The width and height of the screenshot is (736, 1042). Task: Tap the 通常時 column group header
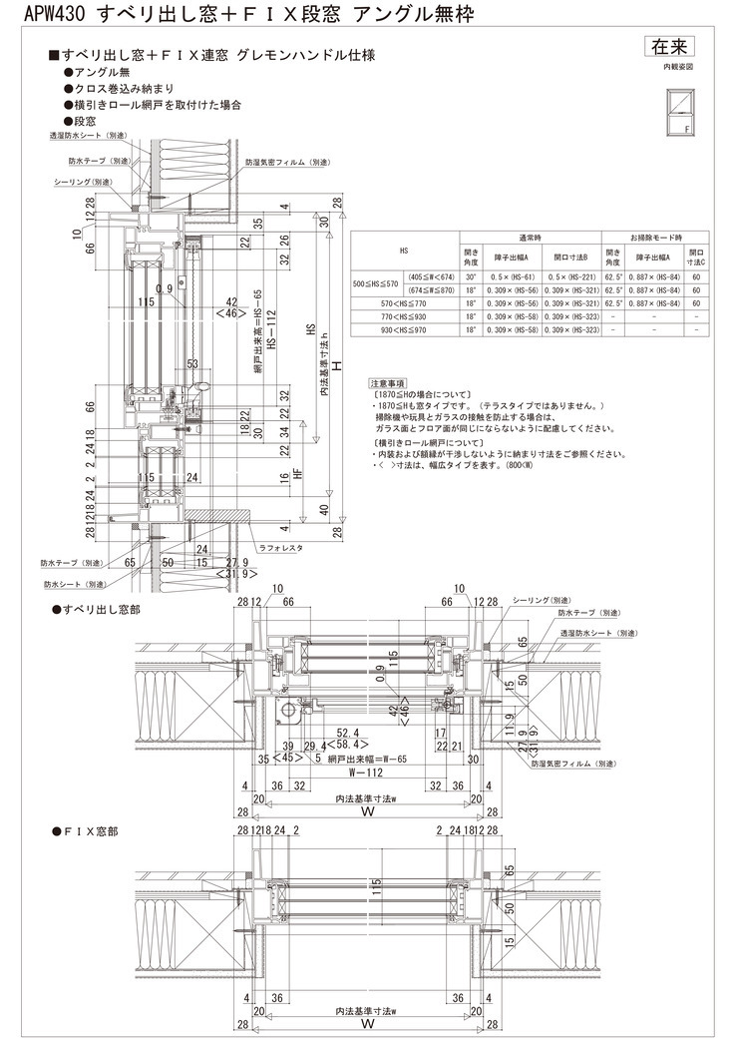(x=531, y=238)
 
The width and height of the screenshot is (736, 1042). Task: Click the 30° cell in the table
(x=472, y=276)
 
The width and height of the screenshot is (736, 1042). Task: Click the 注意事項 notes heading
(x=387, y=382)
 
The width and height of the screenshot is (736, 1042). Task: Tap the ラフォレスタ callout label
(x=279, y=548)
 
